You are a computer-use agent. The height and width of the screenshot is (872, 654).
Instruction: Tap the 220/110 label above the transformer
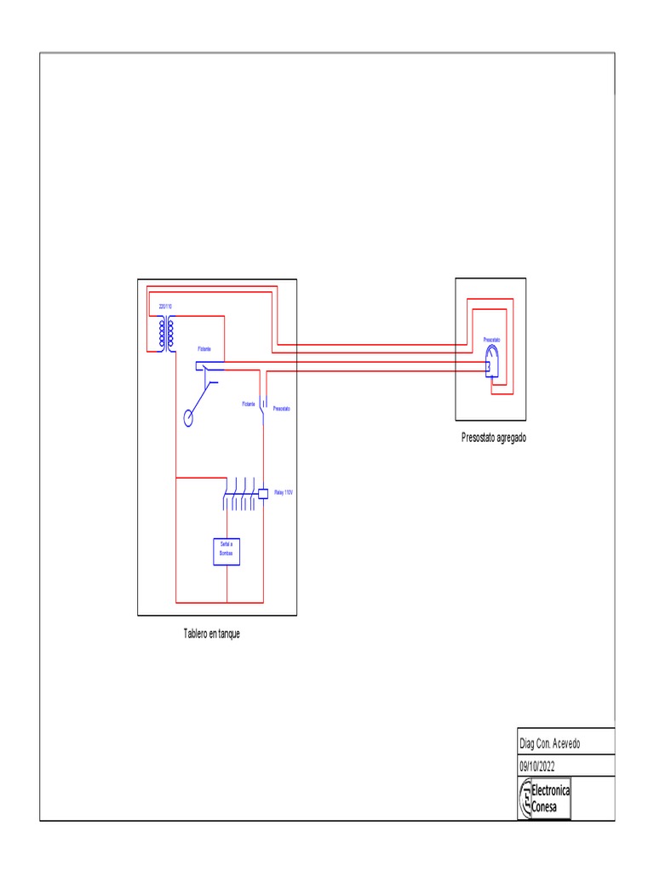click(164, 306)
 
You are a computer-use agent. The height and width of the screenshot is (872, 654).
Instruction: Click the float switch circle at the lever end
click(188, 417)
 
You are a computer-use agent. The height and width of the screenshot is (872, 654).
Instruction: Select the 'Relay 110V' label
click(284, 492)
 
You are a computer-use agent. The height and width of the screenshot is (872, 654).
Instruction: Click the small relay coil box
click(263, 493)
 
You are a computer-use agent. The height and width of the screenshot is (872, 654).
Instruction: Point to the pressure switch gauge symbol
click(492, 363)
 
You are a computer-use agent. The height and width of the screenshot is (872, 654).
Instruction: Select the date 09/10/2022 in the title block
click(543, 765)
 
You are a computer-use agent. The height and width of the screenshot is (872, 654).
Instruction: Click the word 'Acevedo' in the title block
click(565, 743)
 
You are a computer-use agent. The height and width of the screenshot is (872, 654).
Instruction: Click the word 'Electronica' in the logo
click(551, 791)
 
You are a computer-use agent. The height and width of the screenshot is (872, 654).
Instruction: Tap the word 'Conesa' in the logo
click(546, 806)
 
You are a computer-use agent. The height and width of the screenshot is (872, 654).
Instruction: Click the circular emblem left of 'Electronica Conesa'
click(525, 799)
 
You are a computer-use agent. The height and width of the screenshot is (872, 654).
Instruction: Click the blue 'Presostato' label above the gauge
click(492, 340)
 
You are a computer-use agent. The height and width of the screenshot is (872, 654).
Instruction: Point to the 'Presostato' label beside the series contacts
click(281, 409)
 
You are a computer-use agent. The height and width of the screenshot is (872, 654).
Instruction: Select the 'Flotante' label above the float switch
click(205, 349)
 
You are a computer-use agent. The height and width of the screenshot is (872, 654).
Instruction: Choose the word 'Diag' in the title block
click(527, 743)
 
